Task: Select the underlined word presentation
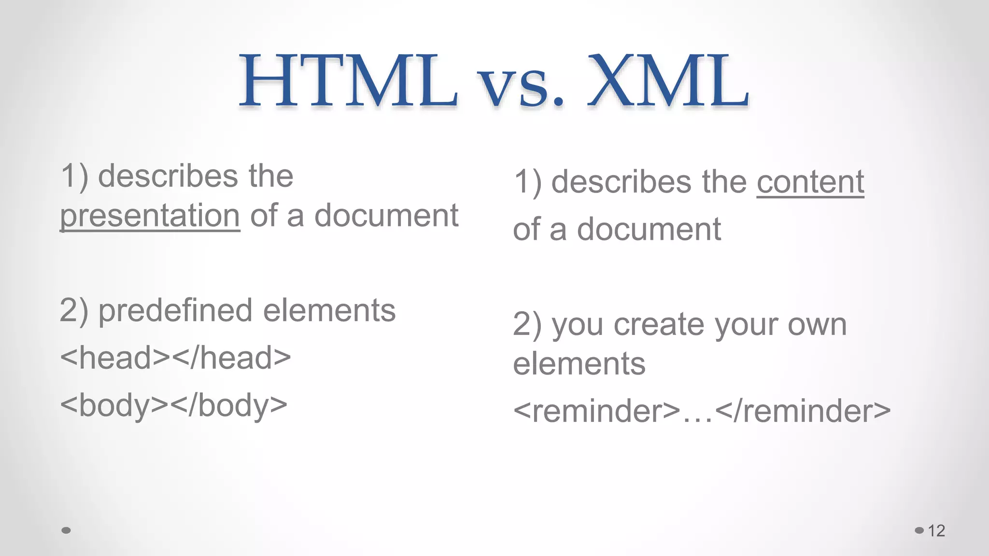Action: (150, 216)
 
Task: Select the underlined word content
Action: (810, 182)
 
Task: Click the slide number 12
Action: (936, 531)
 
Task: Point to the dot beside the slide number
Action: (919, 530)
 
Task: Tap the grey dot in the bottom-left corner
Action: (66, 530)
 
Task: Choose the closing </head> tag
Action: (231, 358)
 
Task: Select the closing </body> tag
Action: (229, 405)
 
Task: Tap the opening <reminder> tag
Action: (596, 411)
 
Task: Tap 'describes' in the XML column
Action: (622, 182)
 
